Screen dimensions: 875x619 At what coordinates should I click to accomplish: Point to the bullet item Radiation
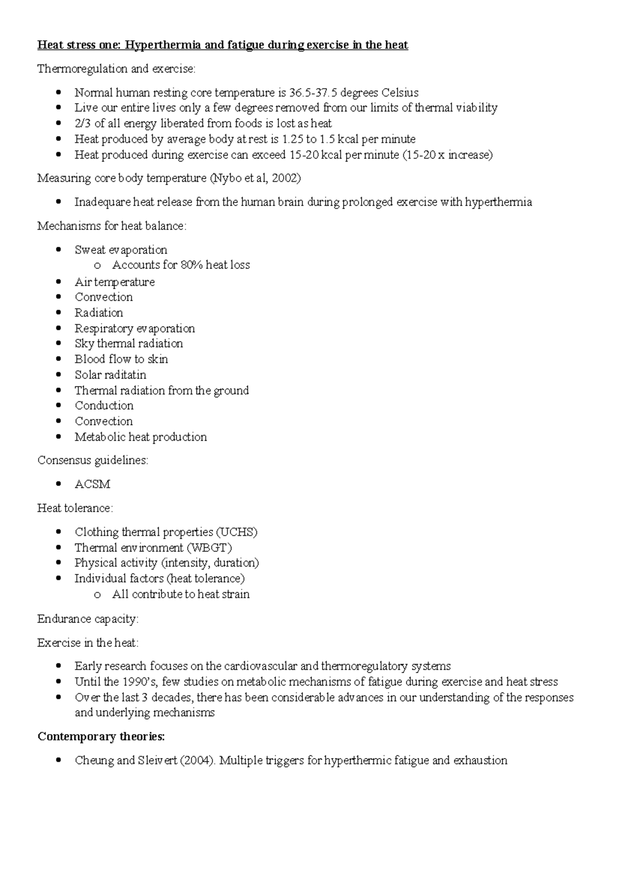click(x=99, y=313)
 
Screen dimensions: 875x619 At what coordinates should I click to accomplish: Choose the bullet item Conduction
click(x=104, y=406)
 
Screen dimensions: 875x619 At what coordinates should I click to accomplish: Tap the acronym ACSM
click(x=92, y=484)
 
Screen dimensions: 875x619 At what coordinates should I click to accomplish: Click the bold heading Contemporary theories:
click(x=101, y=737)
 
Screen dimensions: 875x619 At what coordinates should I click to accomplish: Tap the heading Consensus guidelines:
click(x=93, y=461)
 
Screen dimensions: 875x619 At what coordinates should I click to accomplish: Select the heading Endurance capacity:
click(x=88, y=619)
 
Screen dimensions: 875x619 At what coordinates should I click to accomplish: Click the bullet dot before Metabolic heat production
click(x=60, y=437)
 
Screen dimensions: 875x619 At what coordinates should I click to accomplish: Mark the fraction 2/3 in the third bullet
click(x=83, y=124)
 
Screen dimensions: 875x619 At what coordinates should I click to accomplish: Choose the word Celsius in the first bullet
click(x=400, y=93)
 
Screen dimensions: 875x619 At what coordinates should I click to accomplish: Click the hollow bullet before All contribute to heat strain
click(x=97, y=595)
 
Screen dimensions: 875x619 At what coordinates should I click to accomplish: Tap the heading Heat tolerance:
click(x=75, y=508)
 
